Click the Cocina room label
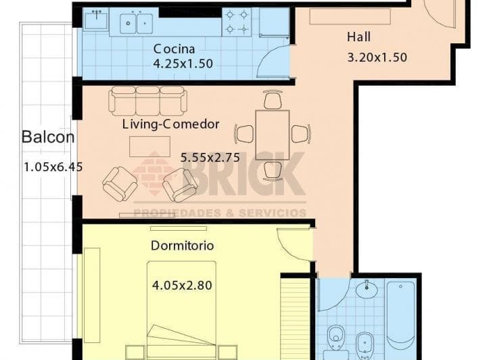(175, 49)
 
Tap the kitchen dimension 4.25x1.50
(183, 64)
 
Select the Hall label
(358, 37)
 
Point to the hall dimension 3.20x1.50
(377, 58)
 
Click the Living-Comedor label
(170, 125)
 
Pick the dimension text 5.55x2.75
(210, 158)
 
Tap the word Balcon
(48, 137)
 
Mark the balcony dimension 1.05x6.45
(53, 167)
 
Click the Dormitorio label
(183, 246)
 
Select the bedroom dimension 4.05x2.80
(182, 285)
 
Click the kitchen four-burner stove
(237, 22)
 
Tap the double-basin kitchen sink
(136, 23)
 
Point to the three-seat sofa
(147, 101)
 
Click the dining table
(273, 135)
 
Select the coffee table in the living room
(149, 146)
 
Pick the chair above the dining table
(273, 99)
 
